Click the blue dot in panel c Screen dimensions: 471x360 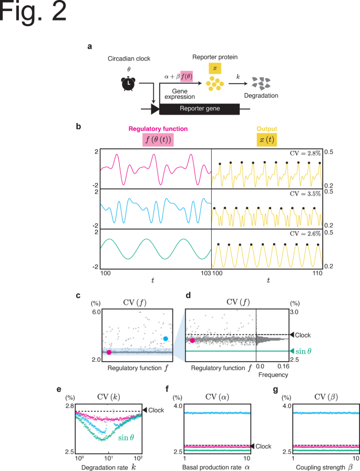(166, 339)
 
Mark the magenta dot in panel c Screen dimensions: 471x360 (109, 352)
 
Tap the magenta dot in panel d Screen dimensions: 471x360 (193, 341)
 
